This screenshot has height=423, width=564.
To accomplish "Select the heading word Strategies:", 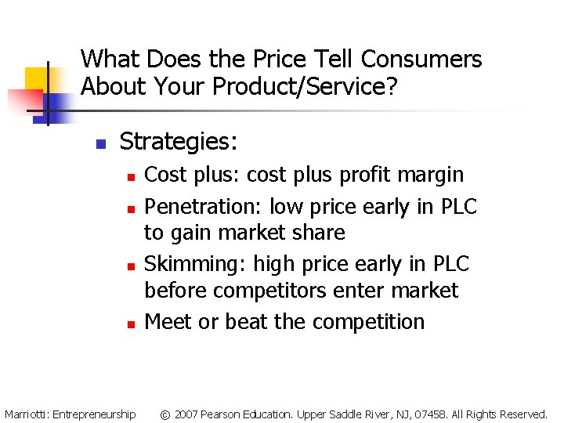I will pos(179,142).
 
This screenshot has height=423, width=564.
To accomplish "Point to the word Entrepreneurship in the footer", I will pos(94,414).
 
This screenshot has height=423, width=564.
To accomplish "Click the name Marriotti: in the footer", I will pos(27,414).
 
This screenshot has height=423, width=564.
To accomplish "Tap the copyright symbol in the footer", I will pos(165,414).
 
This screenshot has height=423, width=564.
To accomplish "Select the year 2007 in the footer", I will pos(186,414).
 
